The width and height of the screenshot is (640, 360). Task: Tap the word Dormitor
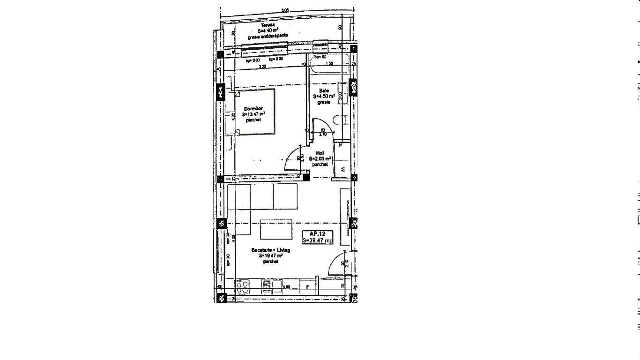pos(253,109)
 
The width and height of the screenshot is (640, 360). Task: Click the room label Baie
pos(324,91)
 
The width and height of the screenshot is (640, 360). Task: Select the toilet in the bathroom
pos(341,120)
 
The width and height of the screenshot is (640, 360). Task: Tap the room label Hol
pos(320,153)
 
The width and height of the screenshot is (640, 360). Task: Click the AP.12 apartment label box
pos(318,237)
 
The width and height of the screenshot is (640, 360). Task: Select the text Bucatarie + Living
pos(270,250)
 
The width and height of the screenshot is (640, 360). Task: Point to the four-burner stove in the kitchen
pos(242,287)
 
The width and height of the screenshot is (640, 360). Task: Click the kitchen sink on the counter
pos(266,285)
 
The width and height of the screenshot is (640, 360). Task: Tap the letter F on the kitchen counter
pos(307,286)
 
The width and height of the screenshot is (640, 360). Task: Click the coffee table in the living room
pos(276,229)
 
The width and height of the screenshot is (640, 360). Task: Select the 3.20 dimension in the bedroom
pos(262,67)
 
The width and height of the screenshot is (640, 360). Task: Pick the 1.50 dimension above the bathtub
pos(329,64)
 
